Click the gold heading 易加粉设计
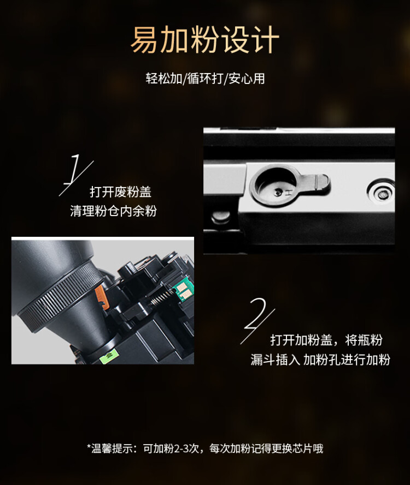pos(205,40)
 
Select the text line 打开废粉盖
pos(120,192)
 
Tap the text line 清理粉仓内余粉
pos(113,211)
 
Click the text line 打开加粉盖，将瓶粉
pos(326,340)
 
